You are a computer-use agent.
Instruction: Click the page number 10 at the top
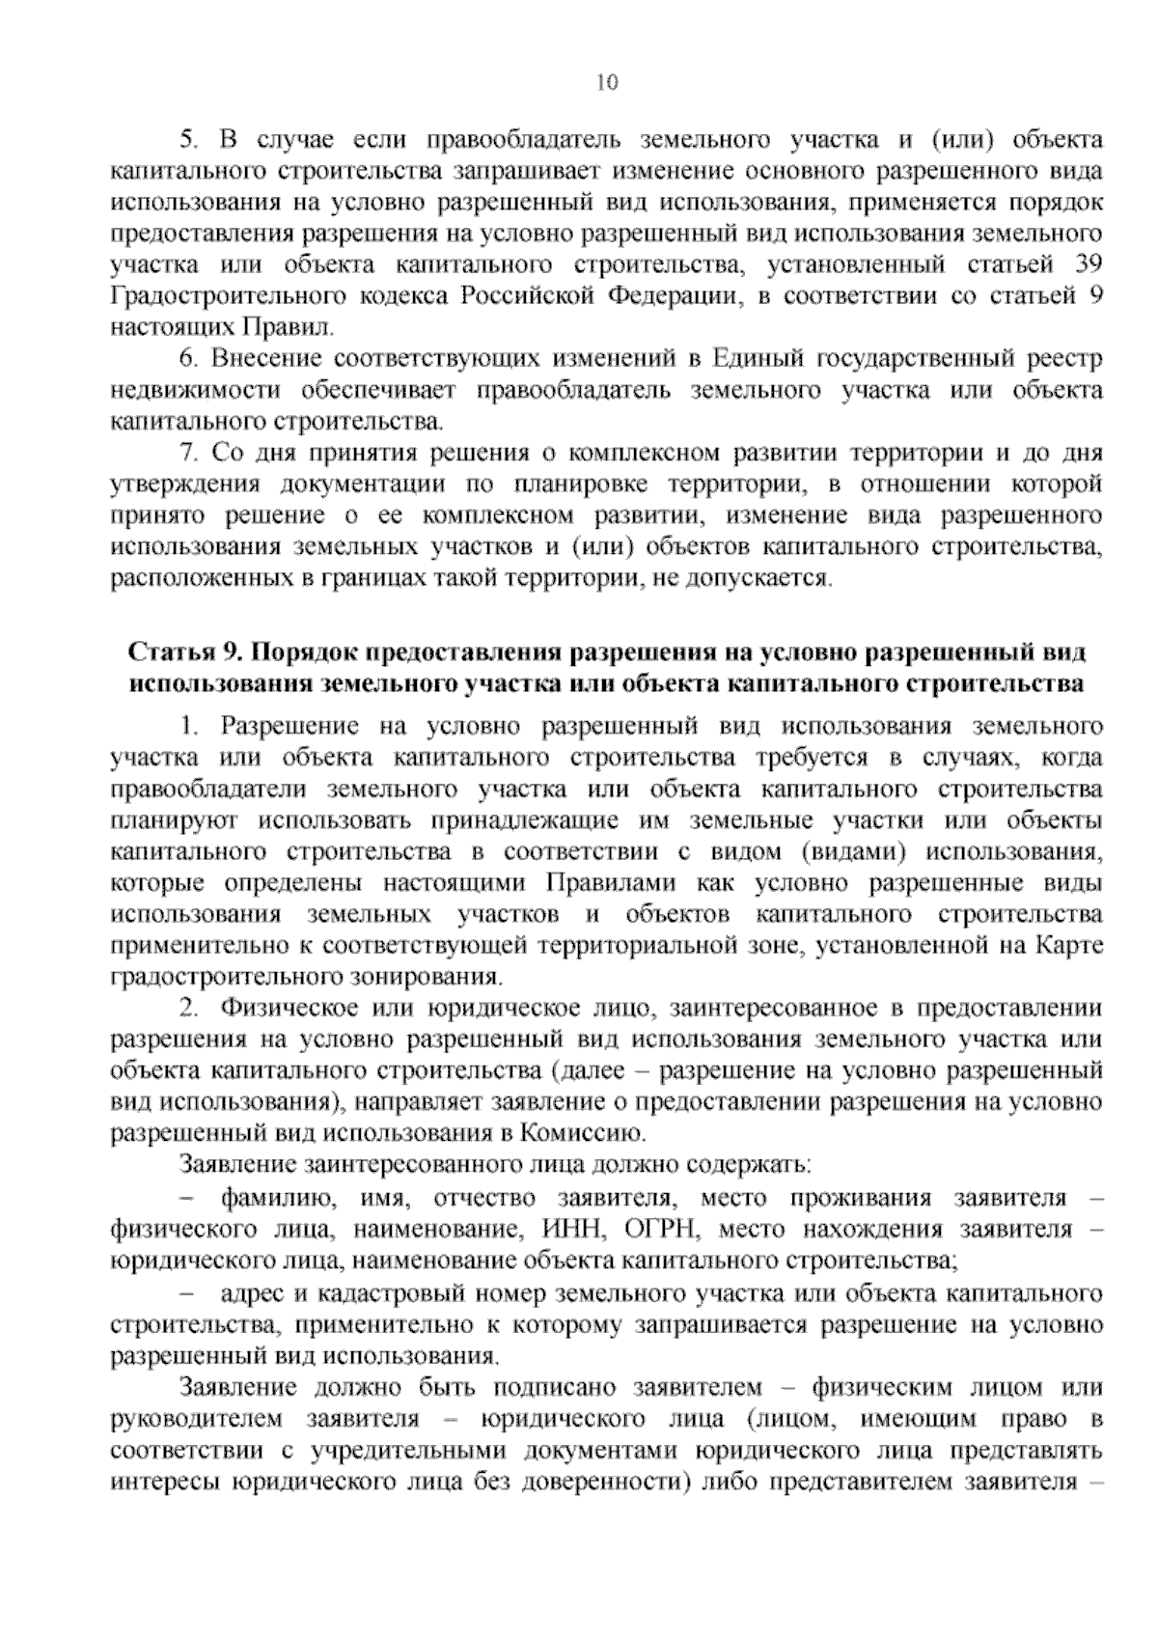607,82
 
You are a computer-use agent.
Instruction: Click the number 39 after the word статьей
1087,264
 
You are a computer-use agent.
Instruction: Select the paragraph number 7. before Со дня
189,454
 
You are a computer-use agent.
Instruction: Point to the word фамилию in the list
279,1199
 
